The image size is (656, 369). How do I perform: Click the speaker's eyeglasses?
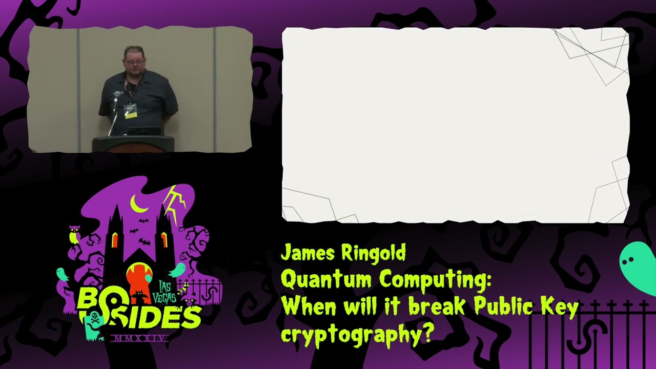point(135,62)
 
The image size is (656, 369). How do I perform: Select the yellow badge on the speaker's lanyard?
point(131,114)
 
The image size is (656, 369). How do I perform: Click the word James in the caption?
point(307,253)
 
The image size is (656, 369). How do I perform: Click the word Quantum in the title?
point(326,280)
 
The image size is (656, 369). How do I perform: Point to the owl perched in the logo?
point(74,235)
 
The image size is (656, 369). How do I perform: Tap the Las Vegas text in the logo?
point(167,292)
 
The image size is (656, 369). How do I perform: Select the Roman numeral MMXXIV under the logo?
point(139,339)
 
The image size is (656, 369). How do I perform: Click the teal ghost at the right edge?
point(638,266)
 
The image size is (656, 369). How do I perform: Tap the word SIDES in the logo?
point(154,318)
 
